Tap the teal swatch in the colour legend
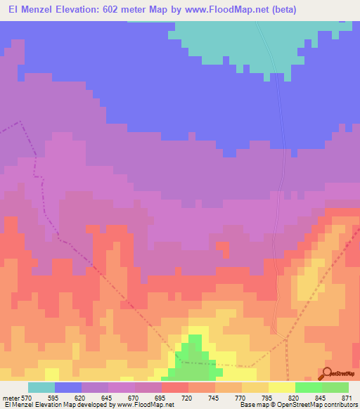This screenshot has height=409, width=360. tap(41, 387)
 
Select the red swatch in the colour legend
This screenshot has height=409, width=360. tap(175, 387)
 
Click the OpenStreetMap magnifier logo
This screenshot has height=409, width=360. tap(326, 372)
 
